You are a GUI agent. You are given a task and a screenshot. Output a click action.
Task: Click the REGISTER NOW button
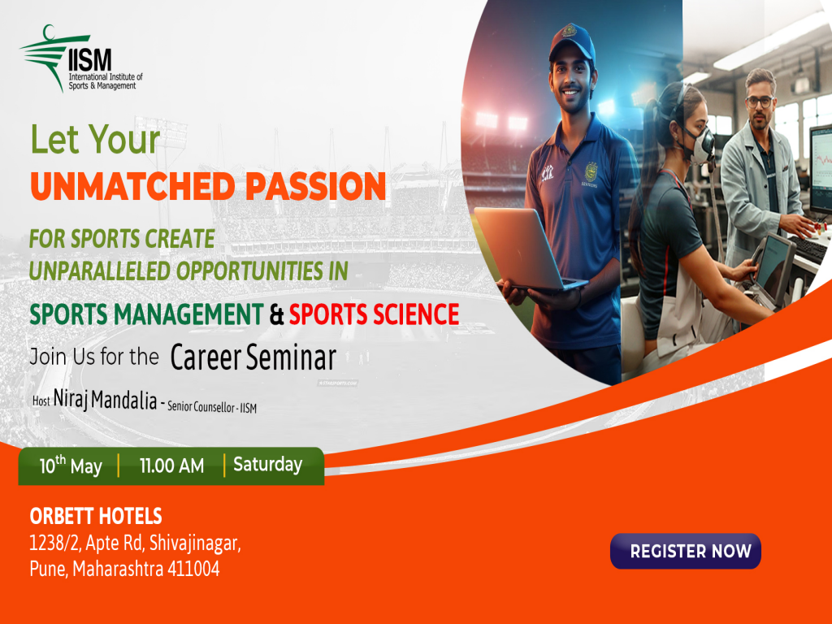pyautogui.click(x=686, y=551)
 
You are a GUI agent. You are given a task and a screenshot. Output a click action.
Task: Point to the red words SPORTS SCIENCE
pyautogui.click(x=375, y=313)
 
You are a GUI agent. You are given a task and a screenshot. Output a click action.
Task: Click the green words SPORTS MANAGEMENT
pyautogui.click(x=146, y=313)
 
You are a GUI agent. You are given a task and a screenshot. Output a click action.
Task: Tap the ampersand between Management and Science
pyautogui.click(x=276, y=314)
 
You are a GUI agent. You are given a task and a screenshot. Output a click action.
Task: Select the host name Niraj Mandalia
pyautogui.click(x=105, y=401)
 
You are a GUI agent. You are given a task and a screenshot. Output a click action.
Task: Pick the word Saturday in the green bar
pyautogui.click(x=267, y=466)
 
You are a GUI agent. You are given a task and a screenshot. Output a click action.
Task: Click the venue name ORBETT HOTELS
pyautogui.click(x=96, y=516)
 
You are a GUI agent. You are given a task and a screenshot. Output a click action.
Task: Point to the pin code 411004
pyautogui.click(x=193, y=569)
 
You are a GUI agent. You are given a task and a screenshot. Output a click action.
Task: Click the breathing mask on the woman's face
pyautogui.click(x=700, y=145)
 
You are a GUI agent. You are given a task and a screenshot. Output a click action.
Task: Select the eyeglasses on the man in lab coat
pyautogui.click(x=758, y=102)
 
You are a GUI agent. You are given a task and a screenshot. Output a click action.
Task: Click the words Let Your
pyautogui.click(x=95, y=140)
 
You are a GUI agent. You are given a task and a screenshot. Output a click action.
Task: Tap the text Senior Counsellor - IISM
pyautogui.click(x=211, y=407)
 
